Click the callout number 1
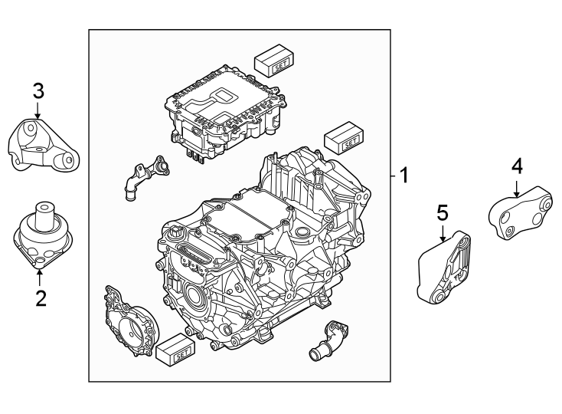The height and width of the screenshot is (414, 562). coord(404,176)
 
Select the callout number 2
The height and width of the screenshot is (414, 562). coord(40,296)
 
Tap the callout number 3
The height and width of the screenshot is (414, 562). coord(38,91)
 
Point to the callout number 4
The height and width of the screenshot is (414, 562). coord(518,166)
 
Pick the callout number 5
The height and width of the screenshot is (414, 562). coord(442,212)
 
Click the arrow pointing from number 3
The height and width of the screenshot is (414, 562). coord(38,111)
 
